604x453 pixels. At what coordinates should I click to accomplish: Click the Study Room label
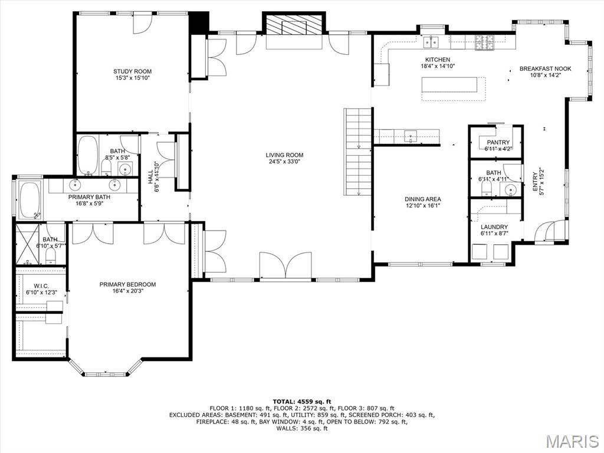(x=132, y=71)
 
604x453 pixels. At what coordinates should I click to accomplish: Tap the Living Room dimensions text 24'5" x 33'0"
(x=284, y=162)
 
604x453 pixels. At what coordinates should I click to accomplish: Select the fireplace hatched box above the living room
(x=294, y=25)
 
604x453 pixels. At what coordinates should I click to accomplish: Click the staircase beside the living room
(x=358, y=152)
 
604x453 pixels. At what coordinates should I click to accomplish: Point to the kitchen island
(x=449, y=85)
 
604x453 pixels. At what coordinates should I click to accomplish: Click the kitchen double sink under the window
(x=431, y=42)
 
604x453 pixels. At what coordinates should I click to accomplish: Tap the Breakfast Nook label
(x=545, y=68)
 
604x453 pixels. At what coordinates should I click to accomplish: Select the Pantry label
(x=498, y=143)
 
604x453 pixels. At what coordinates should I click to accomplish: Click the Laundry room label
(x=494, y=227)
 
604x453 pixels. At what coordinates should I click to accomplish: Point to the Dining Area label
(x=422, y=199)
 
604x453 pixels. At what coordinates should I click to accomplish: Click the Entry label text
(x=534, y=182)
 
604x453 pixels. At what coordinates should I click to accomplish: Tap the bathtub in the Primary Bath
(x=29, y=201)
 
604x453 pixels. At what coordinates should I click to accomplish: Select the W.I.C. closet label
(x=41, y=286)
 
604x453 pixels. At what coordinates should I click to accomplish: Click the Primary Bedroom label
(x=127, y=284)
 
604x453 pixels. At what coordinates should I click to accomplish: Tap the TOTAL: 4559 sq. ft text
(x=302, y=401)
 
